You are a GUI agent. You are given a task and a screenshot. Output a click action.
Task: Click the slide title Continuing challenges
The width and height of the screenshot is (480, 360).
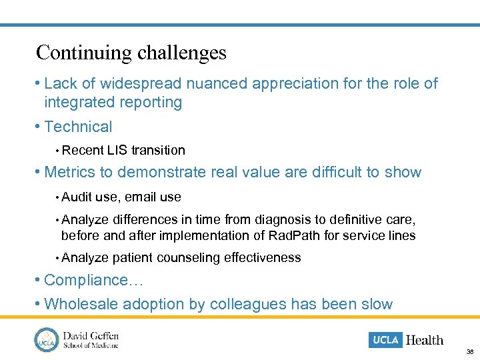(x=131, y=53)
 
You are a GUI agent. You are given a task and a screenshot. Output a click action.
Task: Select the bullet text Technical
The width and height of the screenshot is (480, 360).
(x=78, y=127)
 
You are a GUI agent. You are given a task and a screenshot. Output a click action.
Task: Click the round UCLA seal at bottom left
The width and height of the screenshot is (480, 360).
(x=47, y=339)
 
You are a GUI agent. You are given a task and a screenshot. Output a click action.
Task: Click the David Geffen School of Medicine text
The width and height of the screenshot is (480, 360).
(x=91, y=339)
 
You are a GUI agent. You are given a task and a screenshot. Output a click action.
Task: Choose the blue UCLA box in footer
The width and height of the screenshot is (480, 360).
(x=385, y=340)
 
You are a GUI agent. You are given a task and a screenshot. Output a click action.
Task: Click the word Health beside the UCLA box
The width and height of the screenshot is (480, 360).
(x=425, y=340)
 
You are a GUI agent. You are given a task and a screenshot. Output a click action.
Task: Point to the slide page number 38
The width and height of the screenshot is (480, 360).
(x=470, y=351)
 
